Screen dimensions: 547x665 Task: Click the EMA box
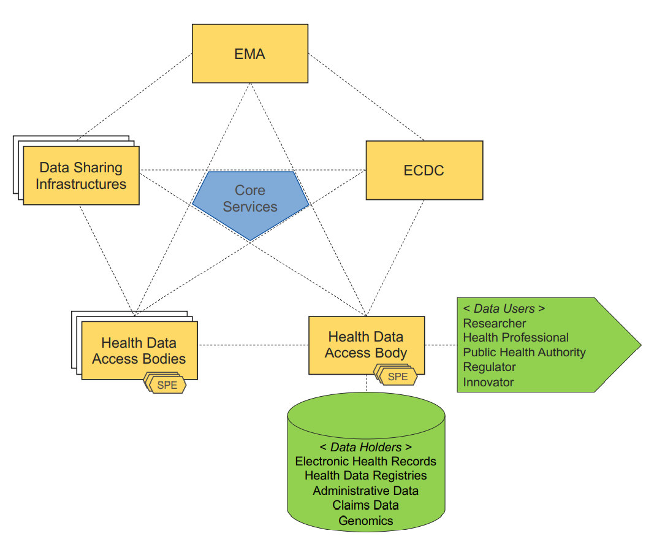pyautogui.click(x=250, y=53)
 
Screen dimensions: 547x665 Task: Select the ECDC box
pyautogui.click(x=424, y=170)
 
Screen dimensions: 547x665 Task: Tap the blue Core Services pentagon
pyautogui.click(x=250, y=199)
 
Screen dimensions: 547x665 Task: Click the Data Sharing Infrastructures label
pyautogui.click(x=81, y=175)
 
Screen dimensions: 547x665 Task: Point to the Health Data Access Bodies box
pyautogui.click(x=139, y=350)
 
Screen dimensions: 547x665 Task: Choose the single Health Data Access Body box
pyautogui.click(x=366, y=344)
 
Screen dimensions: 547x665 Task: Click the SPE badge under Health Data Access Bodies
pyautogui.click(x=167, y=386)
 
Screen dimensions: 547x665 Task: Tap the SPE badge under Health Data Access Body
pyautogui.click(x=398, y=377)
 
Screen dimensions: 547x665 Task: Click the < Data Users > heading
pyautogui.click(x=504, y=308)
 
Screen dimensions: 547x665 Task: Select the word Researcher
pyautogui.click(x=495, y=323)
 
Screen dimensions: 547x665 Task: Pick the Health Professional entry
pyautogui.click(x=515, y=338)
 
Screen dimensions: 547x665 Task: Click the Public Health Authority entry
pyautogui.click(x=524, y=353)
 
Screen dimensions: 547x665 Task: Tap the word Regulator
pyautogui.click(x=490, y=367)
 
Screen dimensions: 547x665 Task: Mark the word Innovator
pyautogui.click(x=488, y=382)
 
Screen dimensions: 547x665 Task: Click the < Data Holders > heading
pyautogui.click(x=366, y=447)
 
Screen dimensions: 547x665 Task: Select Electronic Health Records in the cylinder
pyautogui.click(x=366, y=461)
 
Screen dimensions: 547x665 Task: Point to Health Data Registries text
pyautogui.click(x=366, y=476)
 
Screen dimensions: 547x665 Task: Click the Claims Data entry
pyautogui.click(x=366, y=505)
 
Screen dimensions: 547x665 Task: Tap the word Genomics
pyautogui.click(x=366, y=521)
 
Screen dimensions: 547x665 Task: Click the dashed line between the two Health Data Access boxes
pyautogui.click(x=253, y=345)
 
